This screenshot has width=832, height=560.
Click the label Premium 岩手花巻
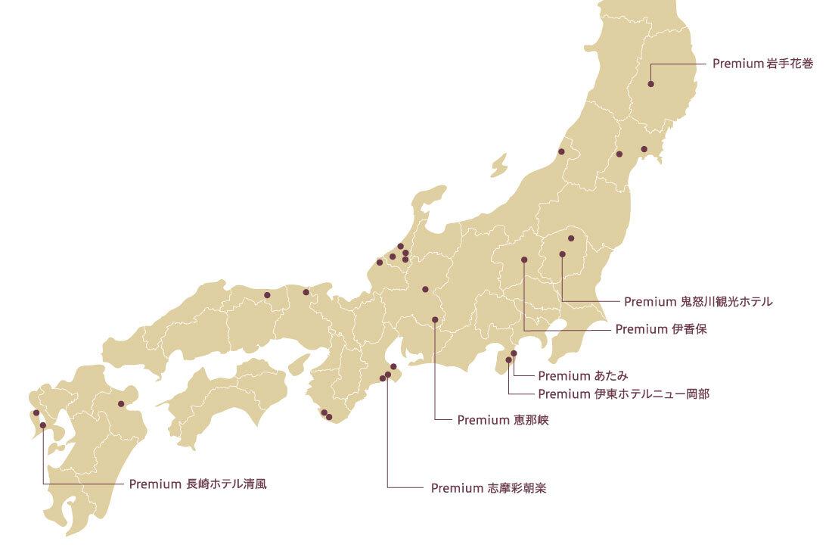point(762,64)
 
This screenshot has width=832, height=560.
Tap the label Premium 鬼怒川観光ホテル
point(698,302)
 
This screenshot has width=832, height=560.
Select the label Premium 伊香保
point(660,329)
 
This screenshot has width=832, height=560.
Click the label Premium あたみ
point(583,375)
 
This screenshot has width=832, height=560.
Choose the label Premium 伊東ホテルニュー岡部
point(623,394)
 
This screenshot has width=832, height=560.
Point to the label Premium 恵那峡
point(502,420)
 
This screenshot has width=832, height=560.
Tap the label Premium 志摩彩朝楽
point(488,488)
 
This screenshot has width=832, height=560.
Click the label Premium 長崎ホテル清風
point(197,484)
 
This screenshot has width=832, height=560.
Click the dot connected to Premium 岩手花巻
point(650,85)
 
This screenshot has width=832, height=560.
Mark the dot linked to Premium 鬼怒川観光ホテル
point(562,254)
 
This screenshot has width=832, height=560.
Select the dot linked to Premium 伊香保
point(524,260)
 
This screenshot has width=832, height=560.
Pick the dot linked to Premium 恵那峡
point(435,319)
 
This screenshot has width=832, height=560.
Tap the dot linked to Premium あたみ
point(514,353)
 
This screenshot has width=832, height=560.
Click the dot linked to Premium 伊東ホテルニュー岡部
point(508,360)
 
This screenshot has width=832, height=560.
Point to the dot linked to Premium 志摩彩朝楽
point(388,375)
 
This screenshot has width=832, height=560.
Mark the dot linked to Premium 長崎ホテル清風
point(43,425)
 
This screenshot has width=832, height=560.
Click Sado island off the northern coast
point(498,165)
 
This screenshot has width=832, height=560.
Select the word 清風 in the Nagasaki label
point(254,484)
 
